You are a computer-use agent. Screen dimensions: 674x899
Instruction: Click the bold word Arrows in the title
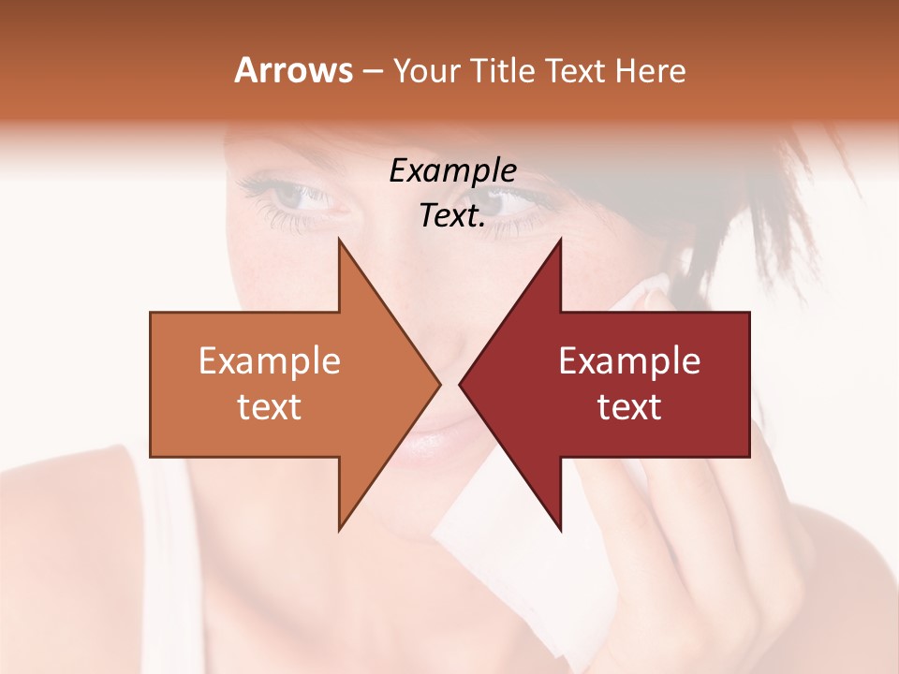tap(294, 70)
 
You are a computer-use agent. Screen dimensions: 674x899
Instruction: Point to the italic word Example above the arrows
tap(452, 171)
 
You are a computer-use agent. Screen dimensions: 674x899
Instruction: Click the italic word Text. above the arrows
tap(452, 215)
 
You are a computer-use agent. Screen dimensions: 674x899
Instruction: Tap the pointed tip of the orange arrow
tap(437, 384)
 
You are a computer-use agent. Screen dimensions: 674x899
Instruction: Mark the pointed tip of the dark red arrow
tap(462, 384)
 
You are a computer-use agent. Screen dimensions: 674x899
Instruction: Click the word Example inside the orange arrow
tap(270, 360)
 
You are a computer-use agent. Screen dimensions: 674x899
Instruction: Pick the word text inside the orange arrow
tap(270, 407)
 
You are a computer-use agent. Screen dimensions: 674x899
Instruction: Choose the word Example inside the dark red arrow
tap(629, 360)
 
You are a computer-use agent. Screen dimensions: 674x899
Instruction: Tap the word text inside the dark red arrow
tap(629, 407)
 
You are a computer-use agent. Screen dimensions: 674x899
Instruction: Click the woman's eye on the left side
tap(298, 195)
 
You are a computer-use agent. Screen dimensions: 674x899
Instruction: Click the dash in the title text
tap(371, 71)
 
